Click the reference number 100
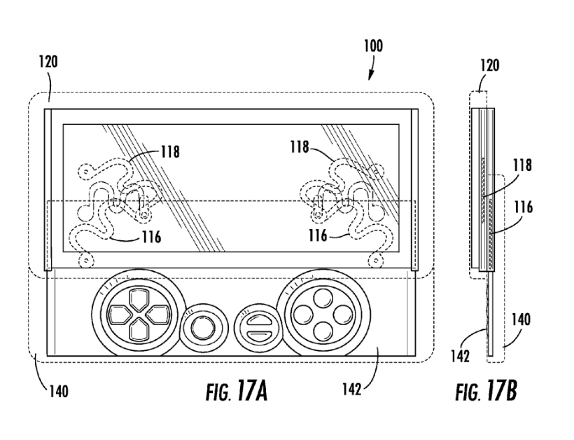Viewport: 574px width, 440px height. point(373,46)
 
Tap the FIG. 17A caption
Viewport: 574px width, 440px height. point(237,391)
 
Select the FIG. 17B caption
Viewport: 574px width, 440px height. point(486,390)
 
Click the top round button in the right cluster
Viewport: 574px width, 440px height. point(323,297)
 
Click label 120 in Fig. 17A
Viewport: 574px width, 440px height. point(48,62)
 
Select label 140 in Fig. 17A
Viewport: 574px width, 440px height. point(59,392)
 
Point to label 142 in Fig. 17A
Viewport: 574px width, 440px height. point(352,389)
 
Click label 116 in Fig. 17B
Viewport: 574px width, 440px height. point(523,207)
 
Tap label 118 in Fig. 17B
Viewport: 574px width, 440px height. point(522,165)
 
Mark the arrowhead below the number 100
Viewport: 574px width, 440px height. point(370,76)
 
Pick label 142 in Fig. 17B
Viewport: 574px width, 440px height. point(461,356)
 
